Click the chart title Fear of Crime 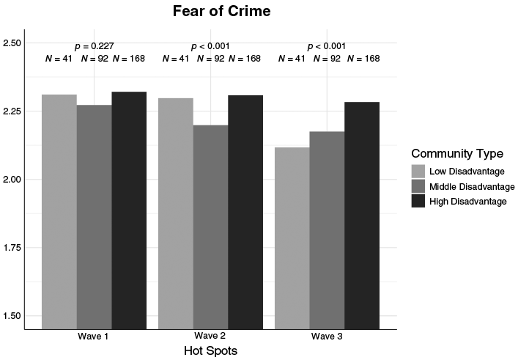(222, 11)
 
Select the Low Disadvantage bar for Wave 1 (59, 212)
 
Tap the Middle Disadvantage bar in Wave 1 (95, 217)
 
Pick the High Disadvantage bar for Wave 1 (129, 210)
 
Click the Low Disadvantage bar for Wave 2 (176, 213)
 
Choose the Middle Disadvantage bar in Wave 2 (211, 227)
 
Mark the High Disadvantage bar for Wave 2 (245, 212)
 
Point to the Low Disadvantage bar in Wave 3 (292, 238)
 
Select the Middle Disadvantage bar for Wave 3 (327, 230)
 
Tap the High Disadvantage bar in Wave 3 (362, 216)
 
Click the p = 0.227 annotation (95, 46)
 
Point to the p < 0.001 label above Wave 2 (210, 46)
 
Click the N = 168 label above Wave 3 (363, 59)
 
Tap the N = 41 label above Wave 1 (59, 59)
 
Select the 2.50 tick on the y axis (12, 43)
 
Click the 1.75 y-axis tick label (12, 248)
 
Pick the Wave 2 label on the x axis (210, 336)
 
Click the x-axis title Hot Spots (211, 350)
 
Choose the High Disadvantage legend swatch (418, 201)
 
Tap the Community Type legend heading (457, 154)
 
